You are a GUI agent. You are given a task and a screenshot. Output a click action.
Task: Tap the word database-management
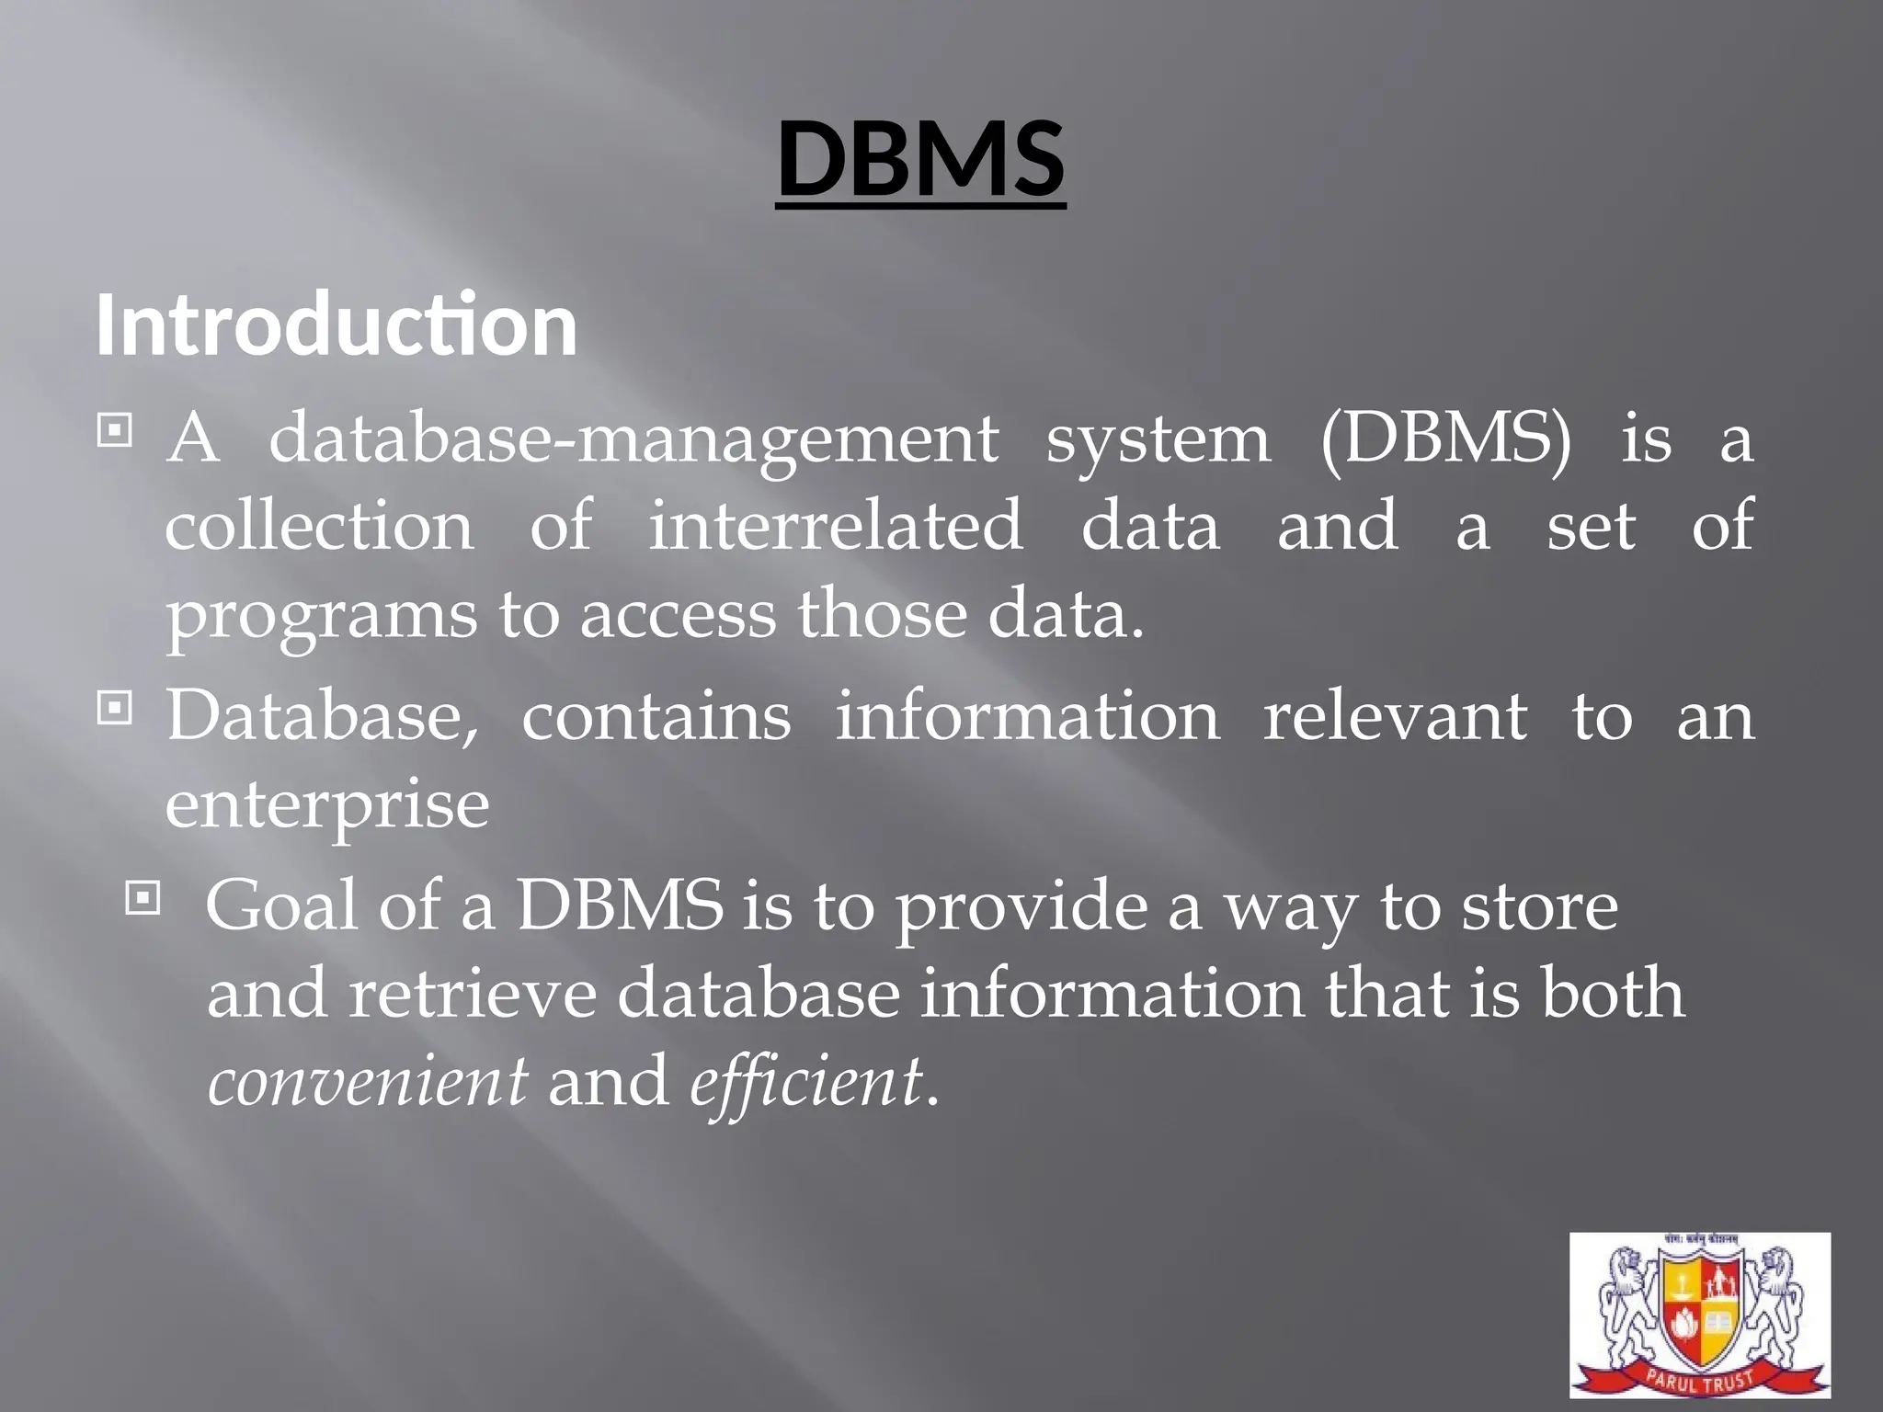point(633,439)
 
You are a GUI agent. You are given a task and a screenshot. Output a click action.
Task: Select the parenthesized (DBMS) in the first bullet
point(1446,439)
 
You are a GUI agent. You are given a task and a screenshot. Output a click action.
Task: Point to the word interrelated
point(836,526)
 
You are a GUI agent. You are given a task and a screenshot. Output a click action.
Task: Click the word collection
point(319,526)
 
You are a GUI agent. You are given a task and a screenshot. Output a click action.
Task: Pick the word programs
point(321,616)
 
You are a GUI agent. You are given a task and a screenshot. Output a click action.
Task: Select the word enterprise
point(327,805)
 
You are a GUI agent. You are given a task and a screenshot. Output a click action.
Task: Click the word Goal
point(281,906)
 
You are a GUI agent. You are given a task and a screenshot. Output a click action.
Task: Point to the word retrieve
point(473,995)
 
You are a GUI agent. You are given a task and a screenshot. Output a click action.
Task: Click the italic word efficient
point(805,1081)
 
